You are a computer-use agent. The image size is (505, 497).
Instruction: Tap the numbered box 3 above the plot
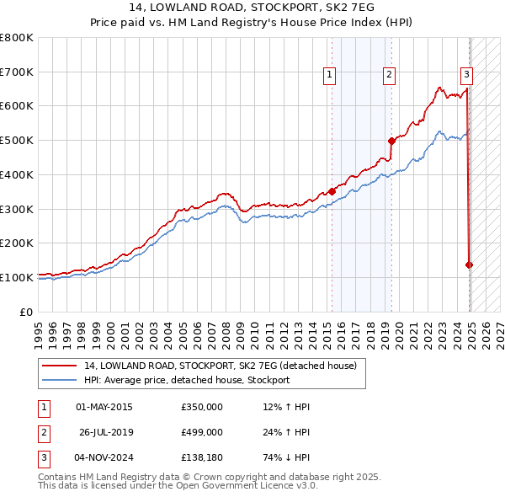coord(466,74)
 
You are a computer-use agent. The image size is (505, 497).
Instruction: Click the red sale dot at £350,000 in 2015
coord(332,191)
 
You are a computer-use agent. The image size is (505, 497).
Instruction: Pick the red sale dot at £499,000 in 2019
coord(391,141)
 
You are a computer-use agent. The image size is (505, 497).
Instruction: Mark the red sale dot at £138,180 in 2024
coord(470,265)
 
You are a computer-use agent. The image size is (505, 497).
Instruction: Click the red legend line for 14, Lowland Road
coord(58,366)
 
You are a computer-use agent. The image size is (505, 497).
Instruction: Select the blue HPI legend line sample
coord(58,381)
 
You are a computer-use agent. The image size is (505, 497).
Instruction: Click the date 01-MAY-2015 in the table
coord(104,407)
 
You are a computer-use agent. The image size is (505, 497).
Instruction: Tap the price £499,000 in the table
coord(202,431)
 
